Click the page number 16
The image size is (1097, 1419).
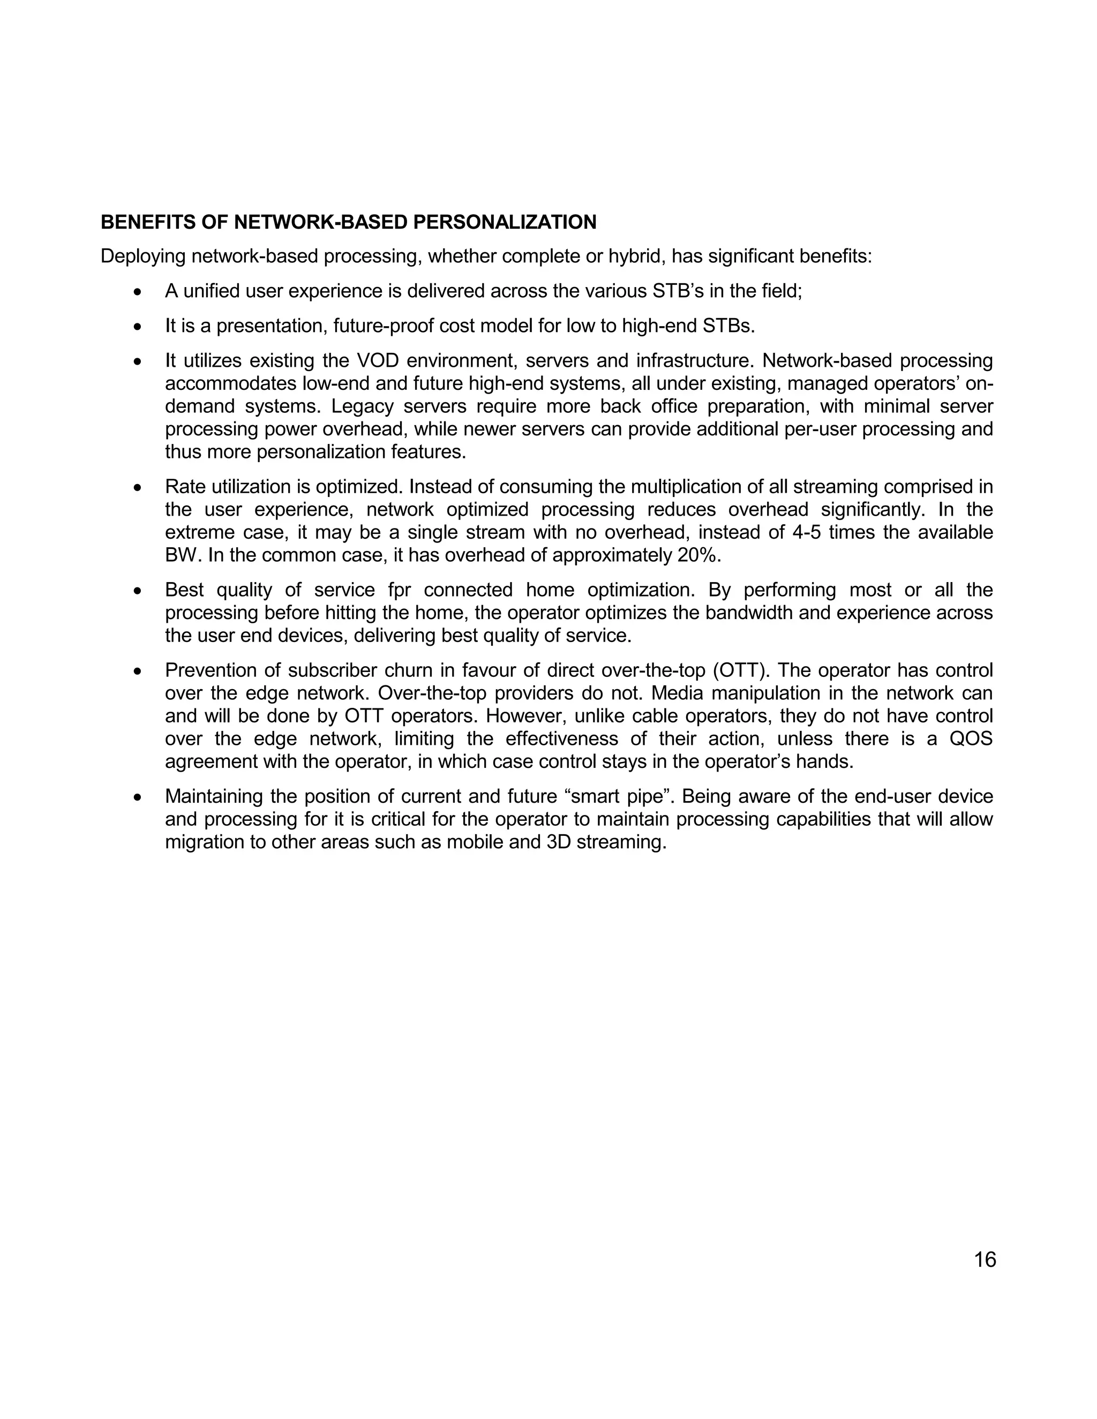coord(985,1259)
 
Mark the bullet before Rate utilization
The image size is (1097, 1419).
coord(137,487)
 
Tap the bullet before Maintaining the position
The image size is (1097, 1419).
coord(137,797)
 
